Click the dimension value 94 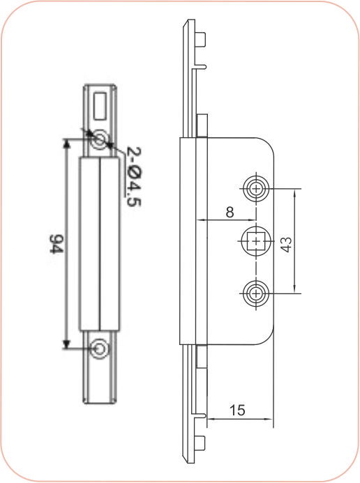[x=58, y=245]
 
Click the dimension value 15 [x=238, y=411]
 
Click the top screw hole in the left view [x=100, y=139]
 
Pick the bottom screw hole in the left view [x=100, y=348]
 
